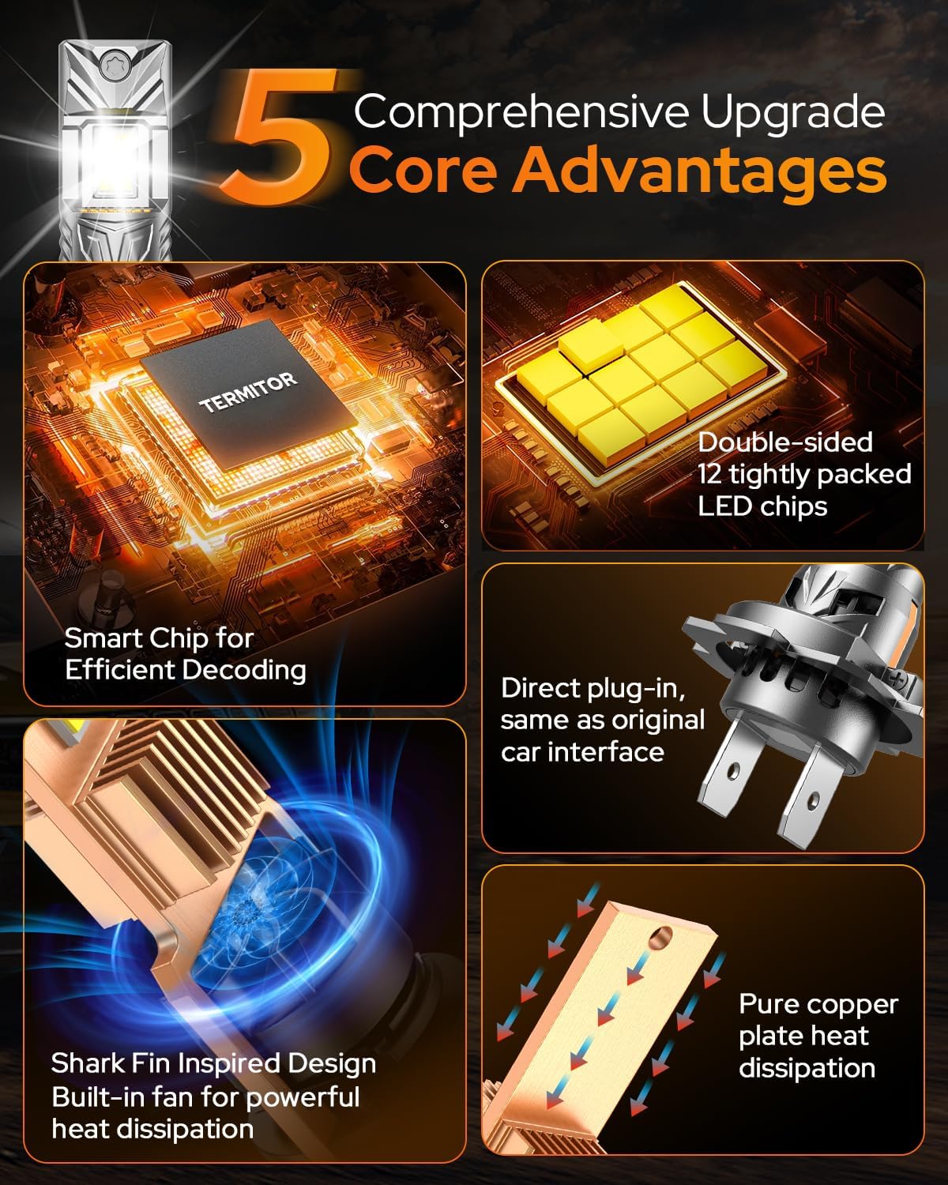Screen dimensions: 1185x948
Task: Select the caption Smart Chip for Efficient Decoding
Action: (x=185, y=654)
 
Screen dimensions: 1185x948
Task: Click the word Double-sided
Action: (x=784, y=442)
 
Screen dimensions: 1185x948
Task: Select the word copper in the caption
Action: (x=856, y=1004)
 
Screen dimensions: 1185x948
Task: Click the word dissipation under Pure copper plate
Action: (x=807, y=1068)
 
